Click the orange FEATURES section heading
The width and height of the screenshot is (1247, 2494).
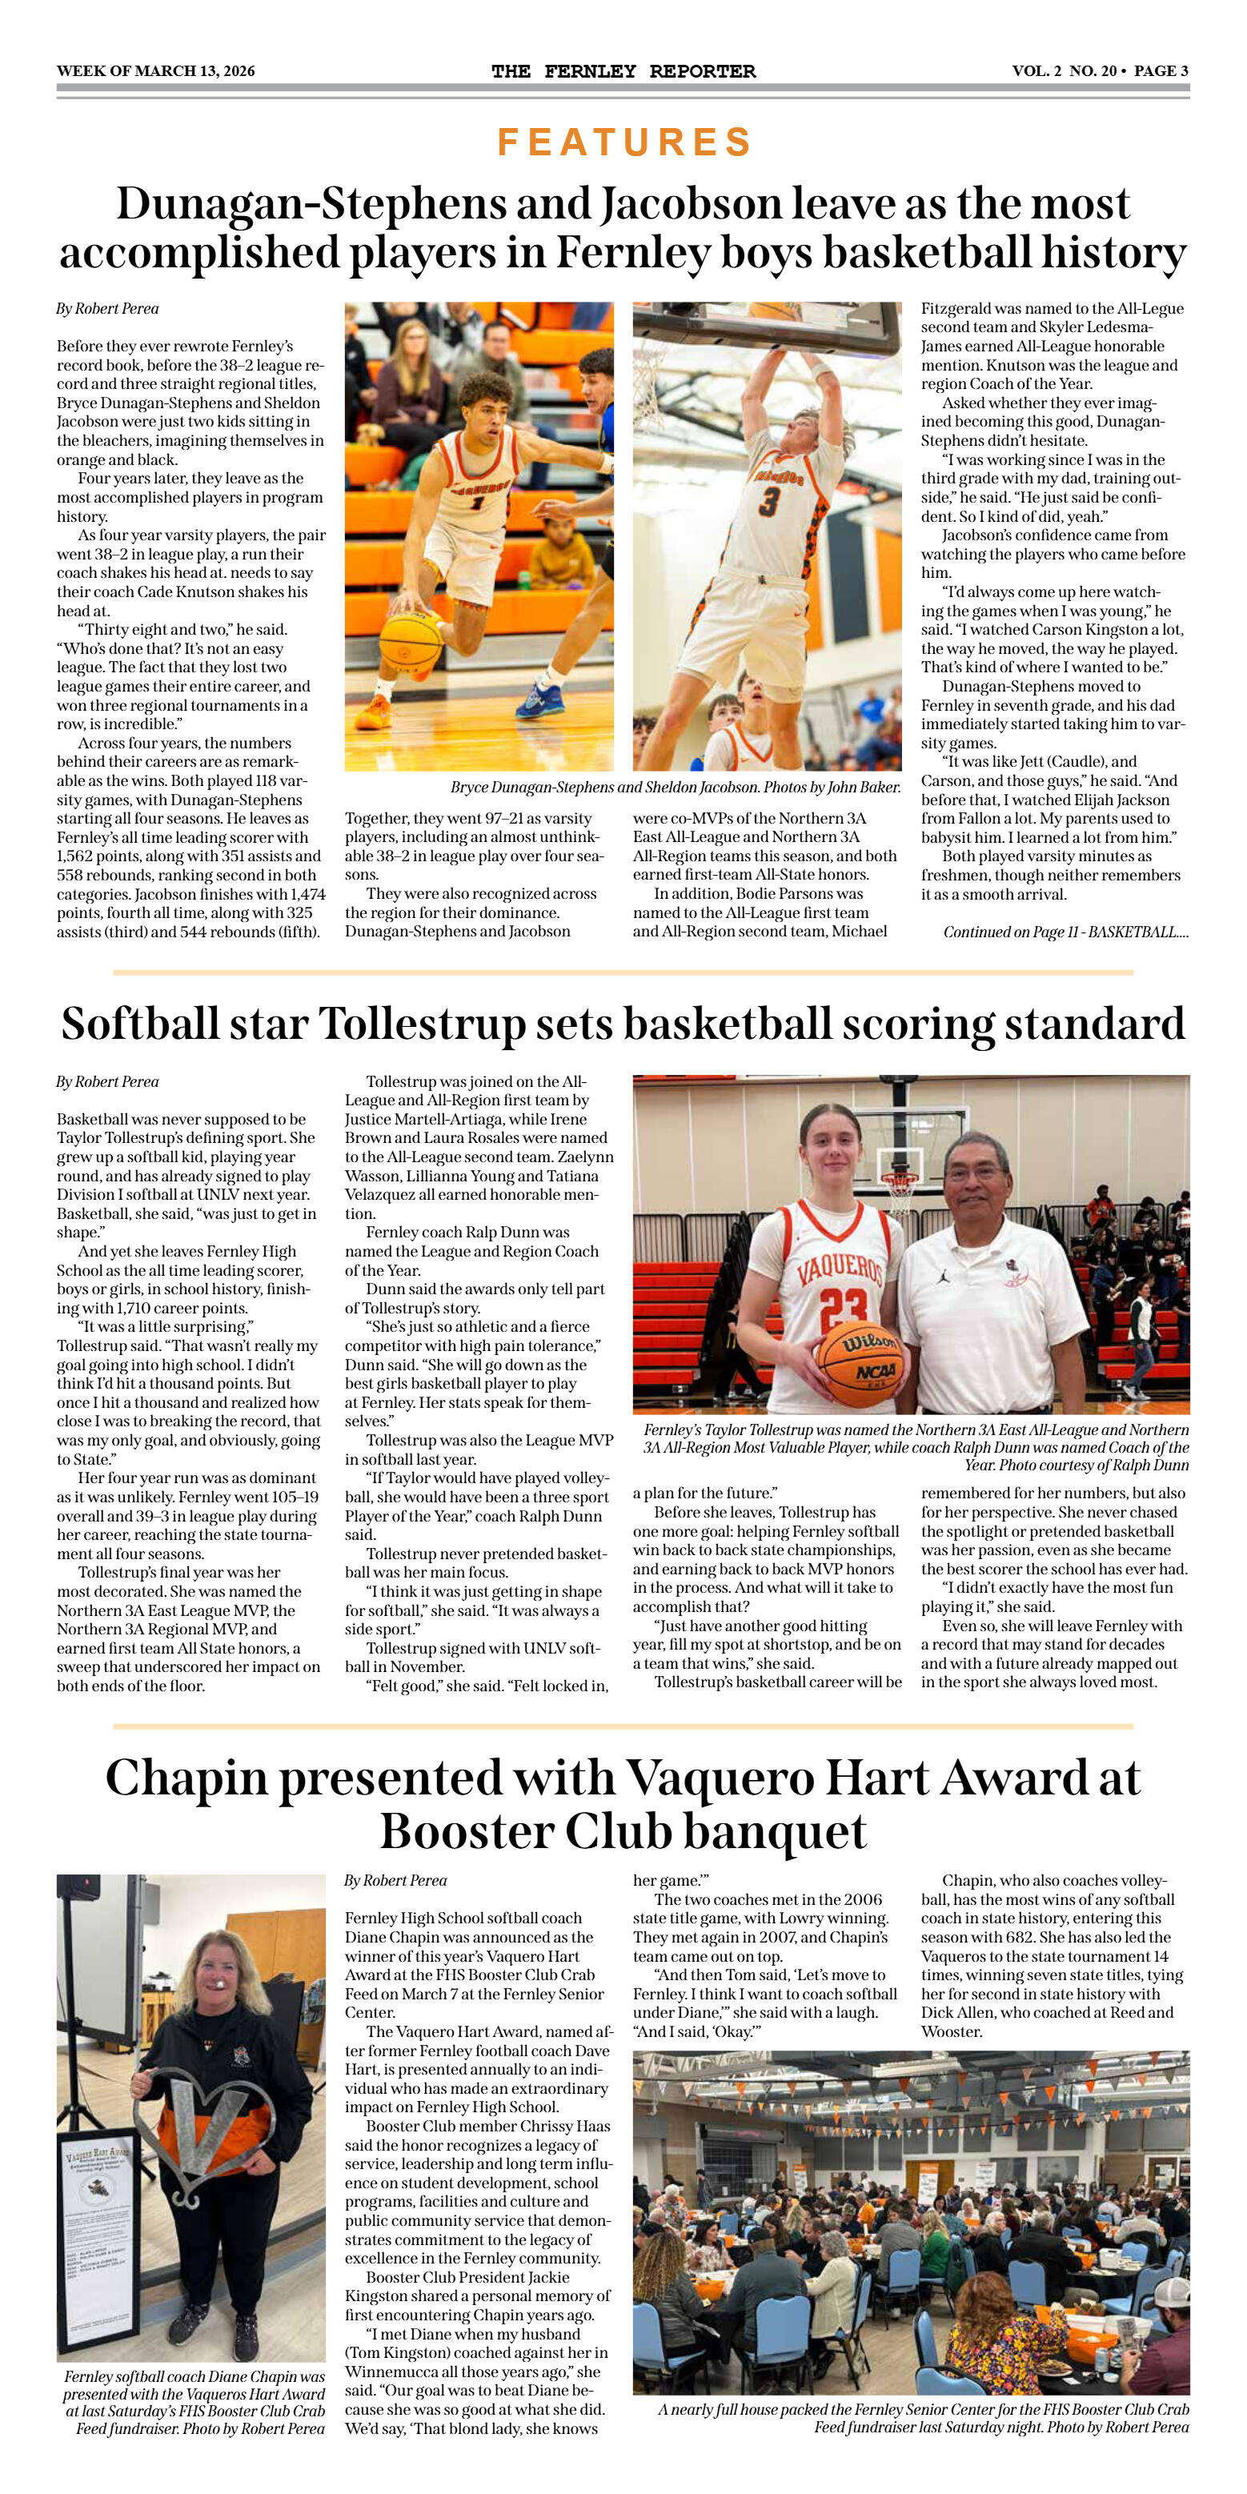(623, 142)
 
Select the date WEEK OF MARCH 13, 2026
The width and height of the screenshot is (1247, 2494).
(156, 70)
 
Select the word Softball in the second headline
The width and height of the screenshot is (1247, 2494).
(139, 1024)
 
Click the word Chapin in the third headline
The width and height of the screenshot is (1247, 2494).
(184, 1778)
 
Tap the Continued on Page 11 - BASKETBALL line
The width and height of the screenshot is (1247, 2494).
(1065, 932)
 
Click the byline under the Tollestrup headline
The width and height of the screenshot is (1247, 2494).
(107, 1081)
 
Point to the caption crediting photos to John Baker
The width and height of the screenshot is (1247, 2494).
(675, 787)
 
